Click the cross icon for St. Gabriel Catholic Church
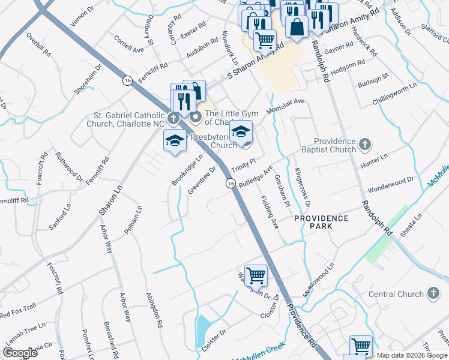[173, 118]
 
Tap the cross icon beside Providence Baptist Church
[366, 144]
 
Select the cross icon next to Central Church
[432, 293]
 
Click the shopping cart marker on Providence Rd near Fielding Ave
[256, 275]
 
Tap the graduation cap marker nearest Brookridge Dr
[175, 140]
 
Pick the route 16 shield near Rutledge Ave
[230, 184]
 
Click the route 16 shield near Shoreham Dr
[127, 80]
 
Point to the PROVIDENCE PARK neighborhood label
[321, 223]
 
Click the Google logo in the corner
[20, 353]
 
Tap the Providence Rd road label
[301, 325]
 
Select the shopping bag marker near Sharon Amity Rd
[297, 26]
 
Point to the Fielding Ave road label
[269, 213]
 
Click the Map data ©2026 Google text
[412, 355]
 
